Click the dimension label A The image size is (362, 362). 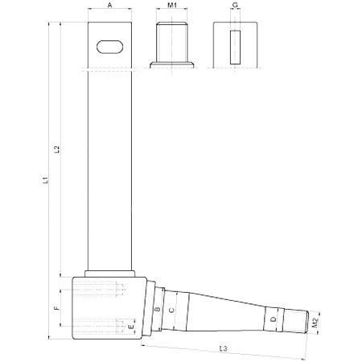click(109, 5)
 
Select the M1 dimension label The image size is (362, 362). click(172, 5)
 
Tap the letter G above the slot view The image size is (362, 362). click(235, 5)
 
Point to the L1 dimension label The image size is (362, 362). click(46, 180)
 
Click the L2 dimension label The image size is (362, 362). click(57, 149)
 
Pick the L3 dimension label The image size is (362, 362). click(223, 348)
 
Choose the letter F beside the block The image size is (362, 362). click(56, 308)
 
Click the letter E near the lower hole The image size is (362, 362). click(131, 327)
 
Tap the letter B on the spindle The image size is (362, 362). click(158, 309)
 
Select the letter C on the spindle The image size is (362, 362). click(171, 311)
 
